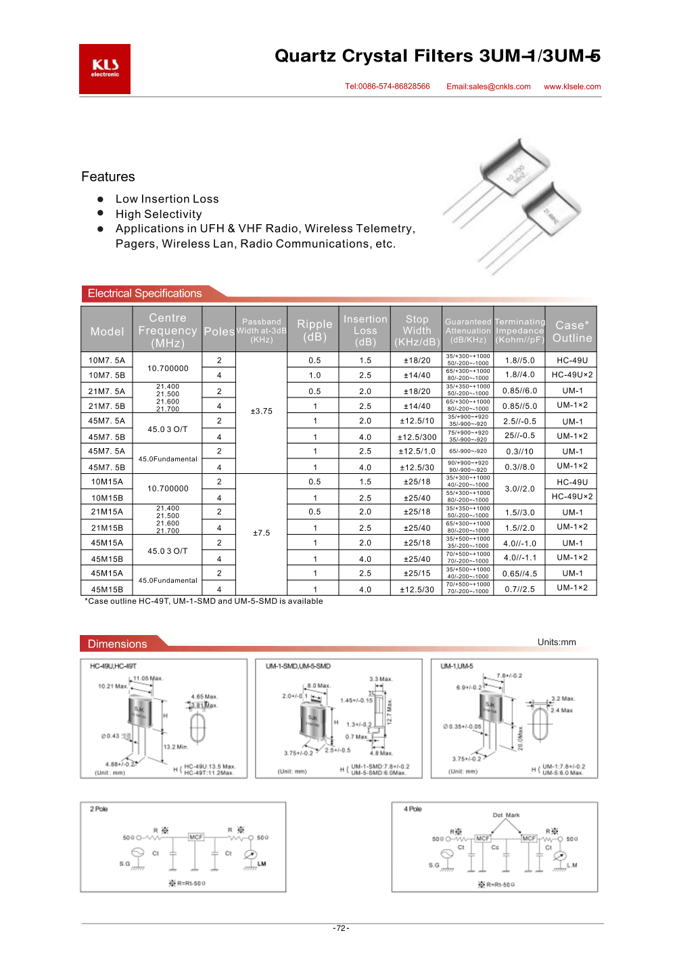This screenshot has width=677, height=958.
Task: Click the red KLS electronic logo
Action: (105, 69)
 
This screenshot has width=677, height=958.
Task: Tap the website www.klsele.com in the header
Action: (572, 87)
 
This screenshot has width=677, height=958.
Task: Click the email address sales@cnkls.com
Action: (488, 87)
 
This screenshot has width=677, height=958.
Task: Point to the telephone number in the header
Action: (388, 87)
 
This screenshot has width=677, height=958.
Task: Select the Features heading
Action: (108, 177)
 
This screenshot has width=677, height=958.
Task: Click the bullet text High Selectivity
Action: (158, 214)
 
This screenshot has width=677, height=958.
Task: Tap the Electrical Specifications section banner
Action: (145, 293)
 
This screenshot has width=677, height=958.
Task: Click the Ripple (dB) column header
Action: (314, 330)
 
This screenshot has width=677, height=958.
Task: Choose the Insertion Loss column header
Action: (365, 330)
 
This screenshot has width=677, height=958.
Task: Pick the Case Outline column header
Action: (572, 332)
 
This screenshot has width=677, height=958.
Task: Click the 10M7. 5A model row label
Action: (107, 360)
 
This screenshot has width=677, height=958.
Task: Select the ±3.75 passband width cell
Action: (262, 411)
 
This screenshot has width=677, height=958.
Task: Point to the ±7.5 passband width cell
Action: (262, 533)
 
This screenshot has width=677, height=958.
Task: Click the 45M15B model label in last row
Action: (107, 590)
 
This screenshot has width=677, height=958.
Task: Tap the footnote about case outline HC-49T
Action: (204, 601)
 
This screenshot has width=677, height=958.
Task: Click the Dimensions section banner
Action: (118, 644)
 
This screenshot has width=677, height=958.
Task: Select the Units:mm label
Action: (557, 642)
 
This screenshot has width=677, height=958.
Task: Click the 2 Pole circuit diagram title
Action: (99, 809)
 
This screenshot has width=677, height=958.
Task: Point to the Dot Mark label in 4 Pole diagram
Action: (506, 815)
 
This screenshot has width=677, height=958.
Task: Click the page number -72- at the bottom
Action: (342, 928)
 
